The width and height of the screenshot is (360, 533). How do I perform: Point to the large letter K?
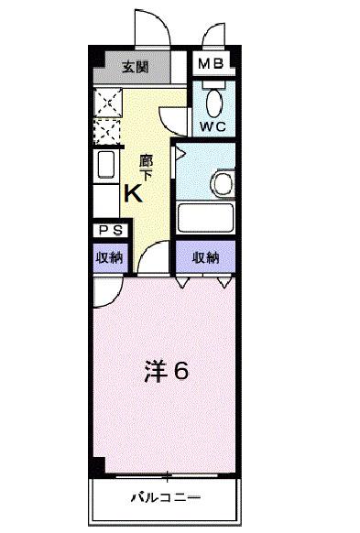point(133,193)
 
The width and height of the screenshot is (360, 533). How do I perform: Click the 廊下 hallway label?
point(145,167)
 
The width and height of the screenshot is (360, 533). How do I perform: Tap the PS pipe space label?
point(108,233)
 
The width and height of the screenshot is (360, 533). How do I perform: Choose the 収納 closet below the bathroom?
point(206,258)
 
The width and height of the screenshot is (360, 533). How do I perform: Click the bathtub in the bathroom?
point(206,218)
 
